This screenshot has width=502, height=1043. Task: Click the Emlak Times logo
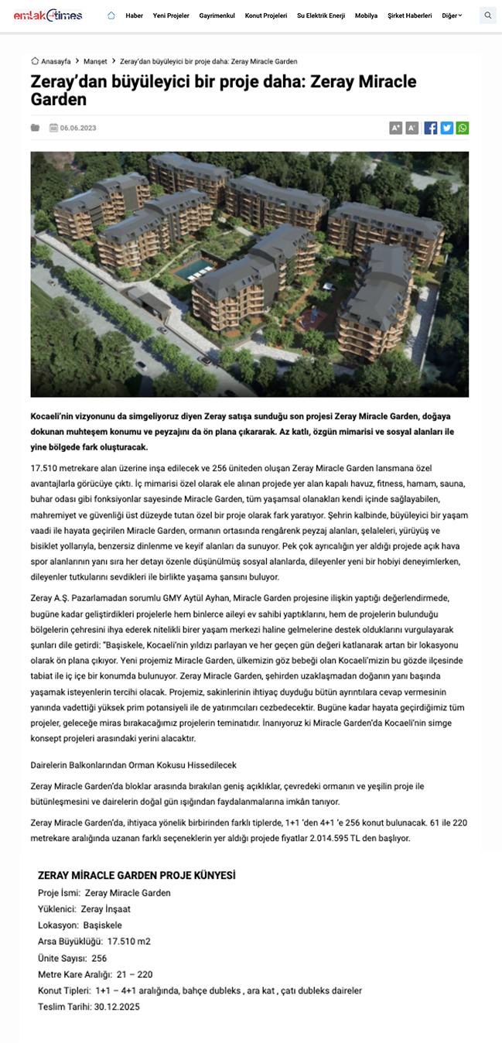click(x=58, y=15)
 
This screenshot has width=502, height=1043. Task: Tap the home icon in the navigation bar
click(x=111, y=15)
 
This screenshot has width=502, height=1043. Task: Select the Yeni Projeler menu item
click(x=171, y=15)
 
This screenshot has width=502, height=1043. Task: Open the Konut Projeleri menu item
click(x=265, y=15)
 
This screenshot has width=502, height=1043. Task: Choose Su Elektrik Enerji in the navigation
click(x=321, y=15)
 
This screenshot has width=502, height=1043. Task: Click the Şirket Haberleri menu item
click(x=409, y=15)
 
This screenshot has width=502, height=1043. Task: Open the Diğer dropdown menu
click(x=452, y=15)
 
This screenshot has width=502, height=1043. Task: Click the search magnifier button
click(x=487, y=15)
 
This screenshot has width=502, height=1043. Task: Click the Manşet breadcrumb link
click(x=95, y=61)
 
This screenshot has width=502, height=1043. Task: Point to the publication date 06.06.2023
click(x=78, y=128)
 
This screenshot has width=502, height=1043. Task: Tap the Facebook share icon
click(x=431, y=128)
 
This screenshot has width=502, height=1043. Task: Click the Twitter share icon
click(x=446, y=128)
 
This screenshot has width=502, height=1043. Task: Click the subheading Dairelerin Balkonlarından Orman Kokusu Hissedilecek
click(x=133, y=764)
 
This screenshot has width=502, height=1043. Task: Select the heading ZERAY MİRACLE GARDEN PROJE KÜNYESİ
click(x=136, y=875)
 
